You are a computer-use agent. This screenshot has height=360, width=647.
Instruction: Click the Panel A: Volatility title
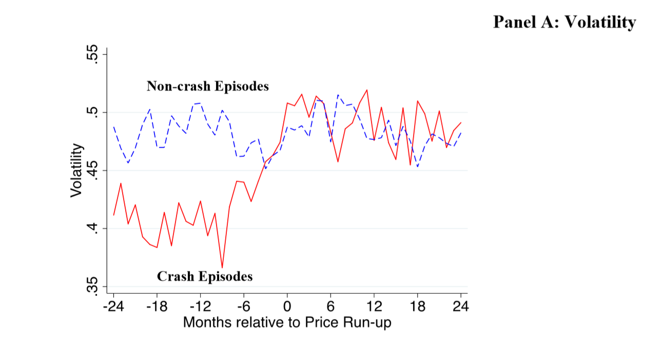click(564, 22)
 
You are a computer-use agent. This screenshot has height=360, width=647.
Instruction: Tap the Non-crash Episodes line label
click(207, 86)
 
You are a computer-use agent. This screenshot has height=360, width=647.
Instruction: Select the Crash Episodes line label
click(204, 276)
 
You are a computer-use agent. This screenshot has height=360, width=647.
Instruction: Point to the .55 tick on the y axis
click(92, 54)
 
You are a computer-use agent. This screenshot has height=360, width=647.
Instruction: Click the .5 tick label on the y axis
click(92, 112)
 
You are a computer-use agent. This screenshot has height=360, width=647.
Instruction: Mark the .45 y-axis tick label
click(92, 170)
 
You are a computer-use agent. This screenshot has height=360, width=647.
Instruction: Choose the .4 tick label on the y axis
click(92, 228)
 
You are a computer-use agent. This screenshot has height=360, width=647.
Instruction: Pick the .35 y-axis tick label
click(92, 286)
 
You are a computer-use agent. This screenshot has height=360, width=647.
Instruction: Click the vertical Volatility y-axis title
click(76, 170)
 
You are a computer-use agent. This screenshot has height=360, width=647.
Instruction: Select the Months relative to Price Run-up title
click(287, 323)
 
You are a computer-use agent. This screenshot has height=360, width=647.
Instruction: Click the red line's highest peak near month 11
click(367, 90)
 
